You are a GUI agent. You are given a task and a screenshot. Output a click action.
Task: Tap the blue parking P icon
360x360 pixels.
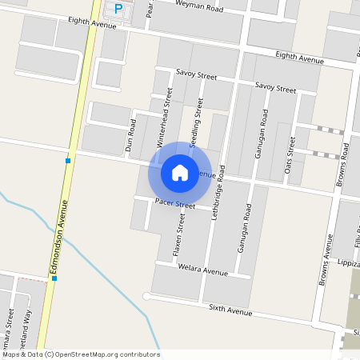click(x=118, y=10)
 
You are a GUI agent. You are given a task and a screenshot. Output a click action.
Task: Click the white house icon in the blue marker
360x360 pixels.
click(x=180, y=172)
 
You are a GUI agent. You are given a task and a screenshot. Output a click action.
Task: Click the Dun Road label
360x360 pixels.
click(x=132, y=135)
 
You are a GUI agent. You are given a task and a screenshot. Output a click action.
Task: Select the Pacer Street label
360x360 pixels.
click(x=175, y=206)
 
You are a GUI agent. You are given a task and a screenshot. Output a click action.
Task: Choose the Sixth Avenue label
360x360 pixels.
click(x=230, y=308)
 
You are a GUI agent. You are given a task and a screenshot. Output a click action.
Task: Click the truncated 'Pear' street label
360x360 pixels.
click(x=149, y=9)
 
